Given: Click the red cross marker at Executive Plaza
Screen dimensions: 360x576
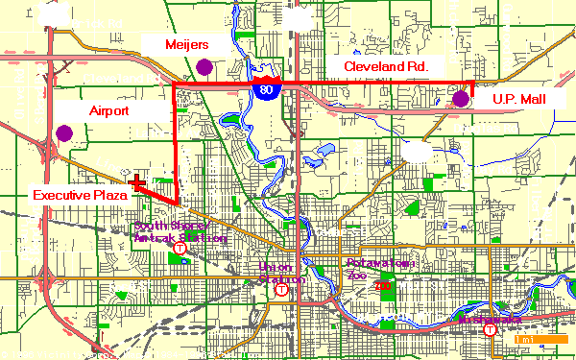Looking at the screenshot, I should click(x=137, y=180).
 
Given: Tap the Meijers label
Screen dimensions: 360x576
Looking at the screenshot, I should click(x=187, y=44).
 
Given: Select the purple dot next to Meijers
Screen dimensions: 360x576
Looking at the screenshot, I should click(x=204, y=66).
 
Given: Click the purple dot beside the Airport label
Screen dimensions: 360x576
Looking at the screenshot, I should click(x=64, y=132).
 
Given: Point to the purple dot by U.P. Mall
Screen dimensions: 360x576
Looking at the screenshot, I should click(x=461, y=98).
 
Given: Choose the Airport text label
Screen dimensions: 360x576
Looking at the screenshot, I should click(x=108, y=111).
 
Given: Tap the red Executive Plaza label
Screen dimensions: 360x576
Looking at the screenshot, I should click(x=74, y=195).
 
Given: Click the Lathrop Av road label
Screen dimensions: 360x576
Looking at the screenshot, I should click(x=158, y=133).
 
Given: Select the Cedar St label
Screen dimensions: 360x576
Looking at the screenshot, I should click(x=338, y=231).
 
